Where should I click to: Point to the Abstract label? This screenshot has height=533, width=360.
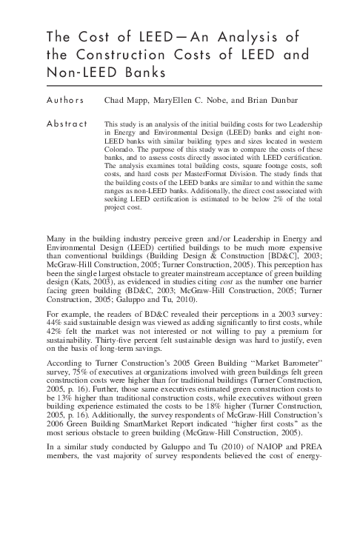[67, 123]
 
